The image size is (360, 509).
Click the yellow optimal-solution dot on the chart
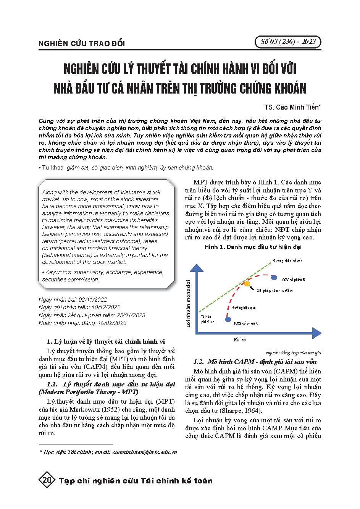pos(247,284)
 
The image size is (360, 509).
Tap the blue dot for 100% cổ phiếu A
pos(228,319)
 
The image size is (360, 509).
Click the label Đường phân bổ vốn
pos(287,261)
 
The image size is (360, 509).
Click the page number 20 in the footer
pos(48,480)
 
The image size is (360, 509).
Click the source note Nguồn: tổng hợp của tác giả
pos(294,352)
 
